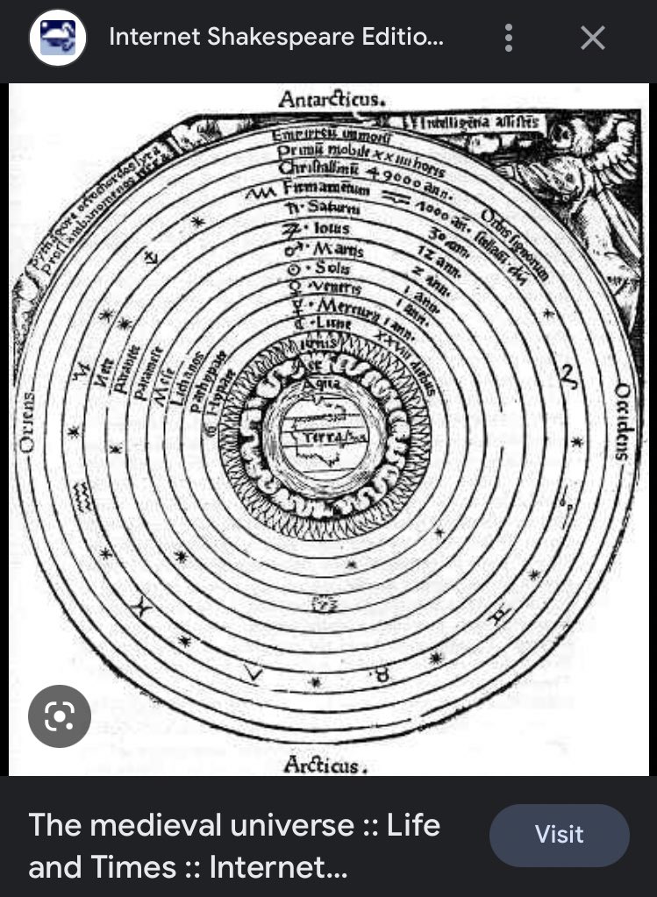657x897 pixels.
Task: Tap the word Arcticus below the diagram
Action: (x=322, y=765)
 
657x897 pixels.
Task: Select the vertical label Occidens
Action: (x=622, y=422)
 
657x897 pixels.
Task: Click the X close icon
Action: (x=593, y=38)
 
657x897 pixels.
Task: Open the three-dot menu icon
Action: (x=508, y=38)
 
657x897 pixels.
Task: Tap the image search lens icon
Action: (x=59, y=716)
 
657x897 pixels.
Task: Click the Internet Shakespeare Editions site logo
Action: (x=58, y=38)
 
